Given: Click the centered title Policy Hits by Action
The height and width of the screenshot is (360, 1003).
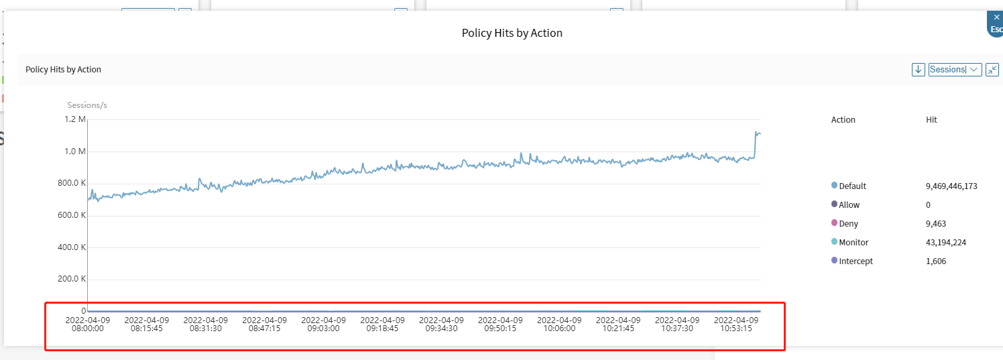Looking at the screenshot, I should tap(512, 33).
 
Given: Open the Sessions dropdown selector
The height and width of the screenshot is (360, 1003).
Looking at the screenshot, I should tap(955, 70).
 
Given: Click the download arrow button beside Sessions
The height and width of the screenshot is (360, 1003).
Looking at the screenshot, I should tap(919, 70).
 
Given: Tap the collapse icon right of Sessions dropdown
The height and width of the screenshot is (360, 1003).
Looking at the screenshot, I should tap(992, 70).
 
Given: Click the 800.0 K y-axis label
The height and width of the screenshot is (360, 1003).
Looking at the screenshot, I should tap(73, 183).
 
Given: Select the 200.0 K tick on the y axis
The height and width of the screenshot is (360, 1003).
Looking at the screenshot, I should tap(73, 279).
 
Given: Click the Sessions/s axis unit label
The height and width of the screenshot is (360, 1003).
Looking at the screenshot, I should tap(87, 105).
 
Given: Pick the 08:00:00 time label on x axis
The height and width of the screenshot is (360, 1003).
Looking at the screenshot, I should tap(88, 324).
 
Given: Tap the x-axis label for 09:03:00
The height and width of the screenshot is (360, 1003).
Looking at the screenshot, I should tap(324, 324).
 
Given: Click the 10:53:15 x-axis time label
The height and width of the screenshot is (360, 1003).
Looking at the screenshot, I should tap(736, 324).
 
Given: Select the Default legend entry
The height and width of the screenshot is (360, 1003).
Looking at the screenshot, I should tap(852, 186).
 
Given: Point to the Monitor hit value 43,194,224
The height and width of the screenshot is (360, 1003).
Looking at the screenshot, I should tap(945, 243).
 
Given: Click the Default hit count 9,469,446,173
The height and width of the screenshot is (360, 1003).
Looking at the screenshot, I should tap(951, 186).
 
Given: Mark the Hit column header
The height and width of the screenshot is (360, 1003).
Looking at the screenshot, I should tap(931, 120).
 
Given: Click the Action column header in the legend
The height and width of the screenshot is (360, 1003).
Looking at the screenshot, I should tap(843, 120).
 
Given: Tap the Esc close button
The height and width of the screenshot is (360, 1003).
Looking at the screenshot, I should tap(996, 23).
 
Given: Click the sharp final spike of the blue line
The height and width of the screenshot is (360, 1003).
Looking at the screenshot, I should tap(756, 133).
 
